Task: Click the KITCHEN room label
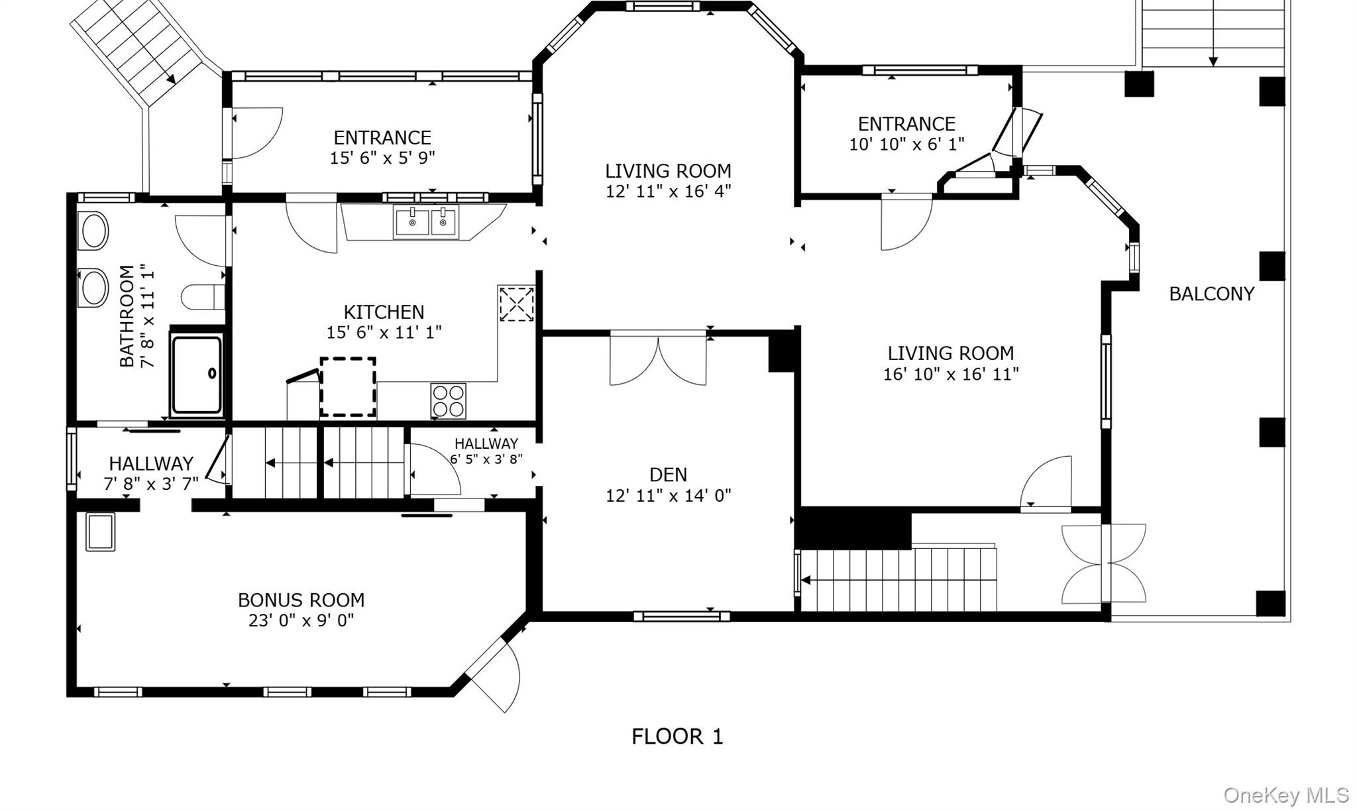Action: tap(384, 312)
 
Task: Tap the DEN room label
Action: tap(668, 475)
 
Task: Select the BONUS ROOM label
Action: tap(301, 600)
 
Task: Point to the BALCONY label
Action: tap(1211, 294)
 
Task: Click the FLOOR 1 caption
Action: tap(677, 736)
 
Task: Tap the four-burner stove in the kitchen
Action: tap(449, 401)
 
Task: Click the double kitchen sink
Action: tap(426, 222)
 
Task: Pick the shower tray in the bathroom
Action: tap(197, 375)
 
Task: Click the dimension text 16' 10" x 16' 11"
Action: tap(951, 374)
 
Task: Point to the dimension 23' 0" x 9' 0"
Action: tap(301, 620)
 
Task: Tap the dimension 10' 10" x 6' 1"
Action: tap(906, 144)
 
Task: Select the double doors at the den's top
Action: tap(658, 358)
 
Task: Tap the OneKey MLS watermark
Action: tap(1285, 795)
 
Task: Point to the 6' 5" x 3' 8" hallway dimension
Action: tap(486, 459)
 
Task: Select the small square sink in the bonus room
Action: tap(100, 532)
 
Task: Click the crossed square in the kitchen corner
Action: tap(516, 304)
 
